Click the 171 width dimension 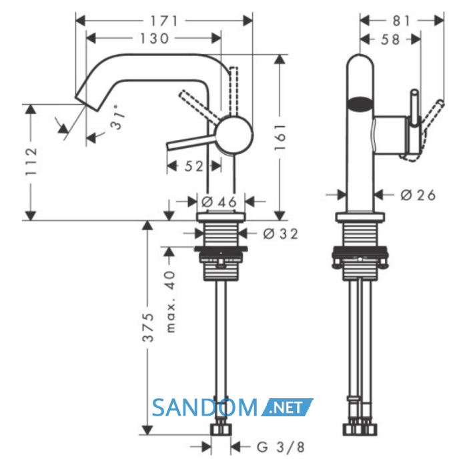(x=164, y=21)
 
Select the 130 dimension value (x=154, y=39)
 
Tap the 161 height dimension (x=280, y=137)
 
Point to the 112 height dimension (x=31, y=161)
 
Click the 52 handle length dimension (x=194, y=166)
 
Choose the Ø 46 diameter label (x=219, y=202)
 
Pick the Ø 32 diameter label (x=281, y=233)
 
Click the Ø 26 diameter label (x=418, y=195)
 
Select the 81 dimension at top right (x=402, y=21)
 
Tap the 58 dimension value (x=390, y=39)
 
